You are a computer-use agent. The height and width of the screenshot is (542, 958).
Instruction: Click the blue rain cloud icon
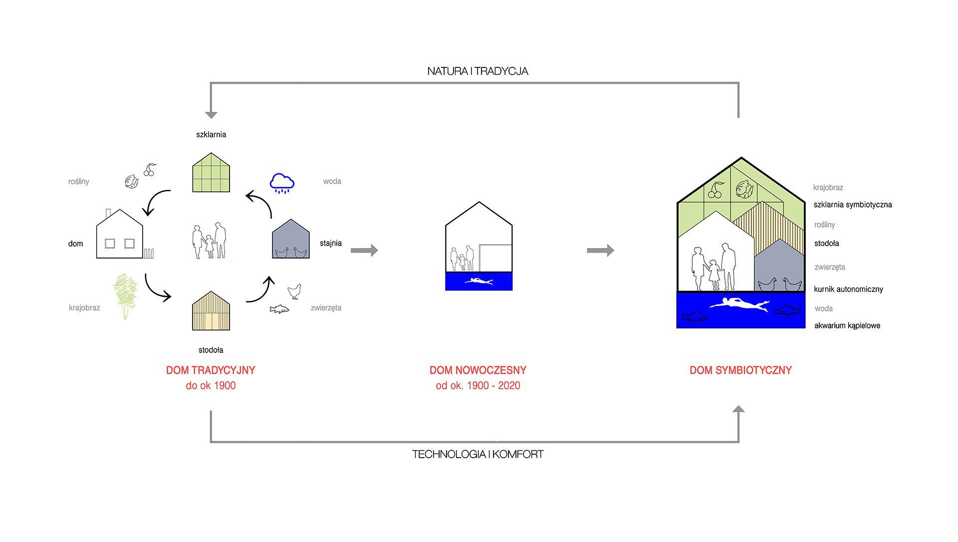(x=282, y=183)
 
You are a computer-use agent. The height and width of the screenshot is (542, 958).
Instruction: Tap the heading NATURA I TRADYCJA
(x=478, y=71)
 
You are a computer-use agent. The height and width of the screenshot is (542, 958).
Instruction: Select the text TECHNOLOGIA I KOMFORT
(x=478, y=455)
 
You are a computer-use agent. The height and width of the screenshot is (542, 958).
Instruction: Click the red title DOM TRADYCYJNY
(x=211, y=370)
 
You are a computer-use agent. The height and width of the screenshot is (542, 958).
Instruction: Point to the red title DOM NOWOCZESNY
(x=478, y=370)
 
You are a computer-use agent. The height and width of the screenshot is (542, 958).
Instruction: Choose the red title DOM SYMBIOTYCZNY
(x=740, y=370)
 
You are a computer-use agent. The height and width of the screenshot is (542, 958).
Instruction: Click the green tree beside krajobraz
(x=125, y=296)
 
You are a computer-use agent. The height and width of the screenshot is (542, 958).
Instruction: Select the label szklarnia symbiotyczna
(x=853, y=205)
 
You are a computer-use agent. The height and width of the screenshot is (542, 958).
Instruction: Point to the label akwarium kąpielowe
(x=847, y=326)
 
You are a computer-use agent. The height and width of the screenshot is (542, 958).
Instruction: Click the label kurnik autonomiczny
(x=848, y=289)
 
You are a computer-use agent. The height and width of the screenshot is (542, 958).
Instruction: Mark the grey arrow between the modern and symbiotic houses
(x=600, y=250)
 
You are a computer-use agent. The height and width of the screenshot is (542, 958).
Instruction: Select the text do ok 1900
(x=211, y=386)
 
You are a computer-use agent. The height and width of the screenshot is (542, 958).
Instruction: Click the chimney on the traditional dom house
(x=108, y=214)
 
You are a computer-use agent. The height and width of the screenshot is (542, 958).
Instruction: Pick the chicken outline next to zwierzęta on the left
(x=294, y=291)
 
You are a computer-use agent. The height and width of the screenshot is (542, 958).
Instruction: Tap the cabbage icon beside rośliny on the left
(x=132, y=181)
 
